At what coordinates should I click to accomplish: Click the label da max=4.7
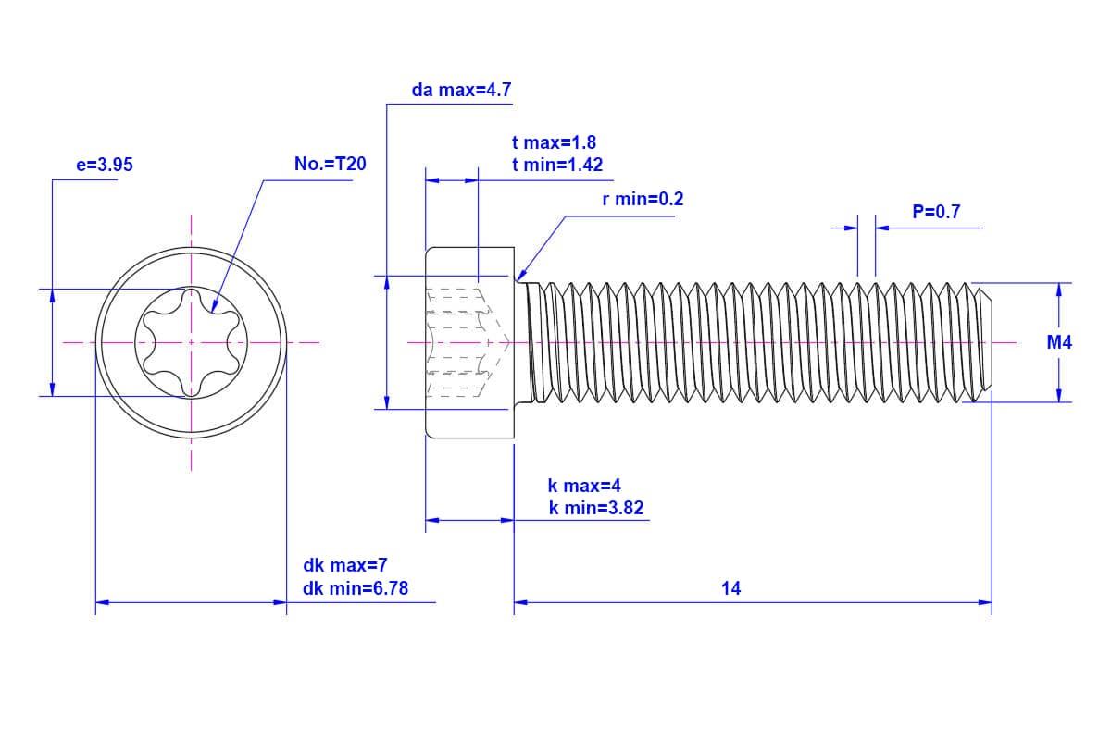(461, 91)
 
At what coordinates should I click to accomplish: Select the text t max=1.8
(554, 142)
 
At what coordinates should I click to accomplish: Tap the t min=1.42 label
(557, 165)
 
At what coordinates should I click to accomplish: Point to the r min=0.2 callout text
(642, 199)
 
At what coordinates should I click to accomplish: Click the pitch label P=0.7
(936, 212)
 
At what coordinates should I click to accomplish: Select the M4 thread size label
(1059, 342)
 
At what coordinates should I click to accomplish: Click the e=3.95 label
(105, 165)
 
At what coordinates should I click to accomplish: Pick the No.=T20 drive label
(330, 165)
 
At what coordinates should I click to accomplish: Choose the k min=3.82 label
(595, 508)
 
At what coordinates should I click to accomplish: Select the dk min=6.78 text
(356, 587)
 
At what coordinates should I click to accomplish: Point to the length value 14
(731, 587)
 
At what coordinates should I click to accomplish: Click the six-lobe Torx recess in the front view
(192, 342)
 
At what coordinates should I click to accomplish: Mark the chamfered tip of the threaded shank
(987, 342)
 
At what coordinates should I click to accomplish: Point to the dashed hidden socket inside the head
(463, 342)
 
